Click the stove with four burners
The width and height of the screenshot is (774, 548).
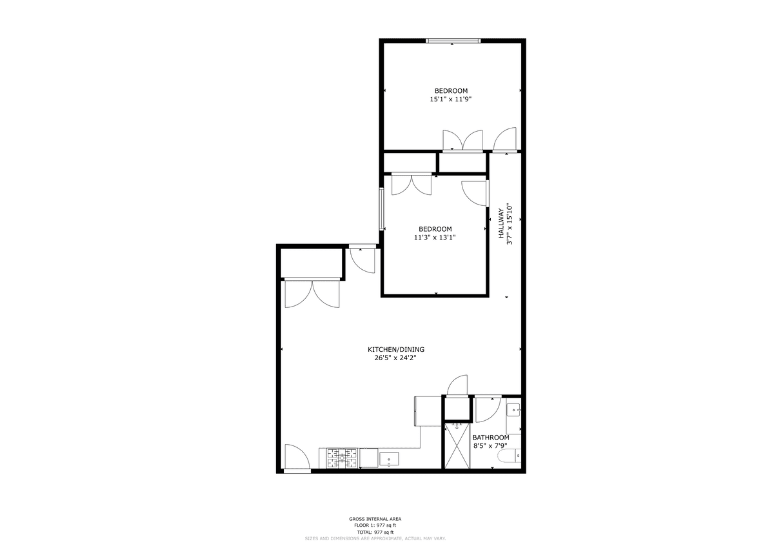[x=342, y=458]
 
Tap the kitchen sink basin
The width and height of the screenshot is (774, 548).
[x=389, y=459]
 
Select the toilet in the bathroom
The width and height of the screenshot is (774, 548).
[x=510, y=455]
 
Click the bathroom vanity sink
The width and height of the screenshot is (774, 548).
[x=514, y=411]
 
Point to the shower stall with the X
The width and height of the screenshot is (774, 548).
[x=457, y=446]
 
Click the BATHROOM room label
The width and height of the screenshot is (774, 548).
[x=491, y=438]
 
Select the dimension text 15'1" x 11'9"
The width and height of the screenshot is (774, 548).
[x=451, y=99]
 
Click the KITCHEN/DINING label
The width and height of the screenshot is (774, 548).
[x=395, y=350]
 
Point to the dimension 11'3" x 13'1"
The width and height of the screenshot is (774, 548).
[x=435, y=238]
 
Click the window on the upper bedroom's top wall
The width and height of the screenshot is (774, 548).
[x=453, y=41]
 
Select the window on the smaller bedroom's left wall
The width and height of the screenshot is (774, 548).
[x=381, y=209]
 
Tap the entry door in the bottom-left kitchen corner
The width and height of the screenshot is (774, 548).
[x=297, y=457]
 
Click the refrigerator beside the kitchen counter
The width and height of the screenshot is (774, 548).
[x=428, y=411]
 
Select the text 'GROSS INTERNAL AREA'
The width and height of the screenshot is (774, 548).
[x=375, y=519]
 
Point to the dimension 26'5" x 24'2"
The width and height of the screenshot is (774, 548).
[x=395, y=358]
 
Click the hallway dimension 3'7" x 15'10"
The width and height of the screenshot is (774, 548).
[x=509, y=225]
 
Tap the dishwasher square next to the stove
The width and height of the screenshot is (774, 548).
[x=369, y=458]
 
